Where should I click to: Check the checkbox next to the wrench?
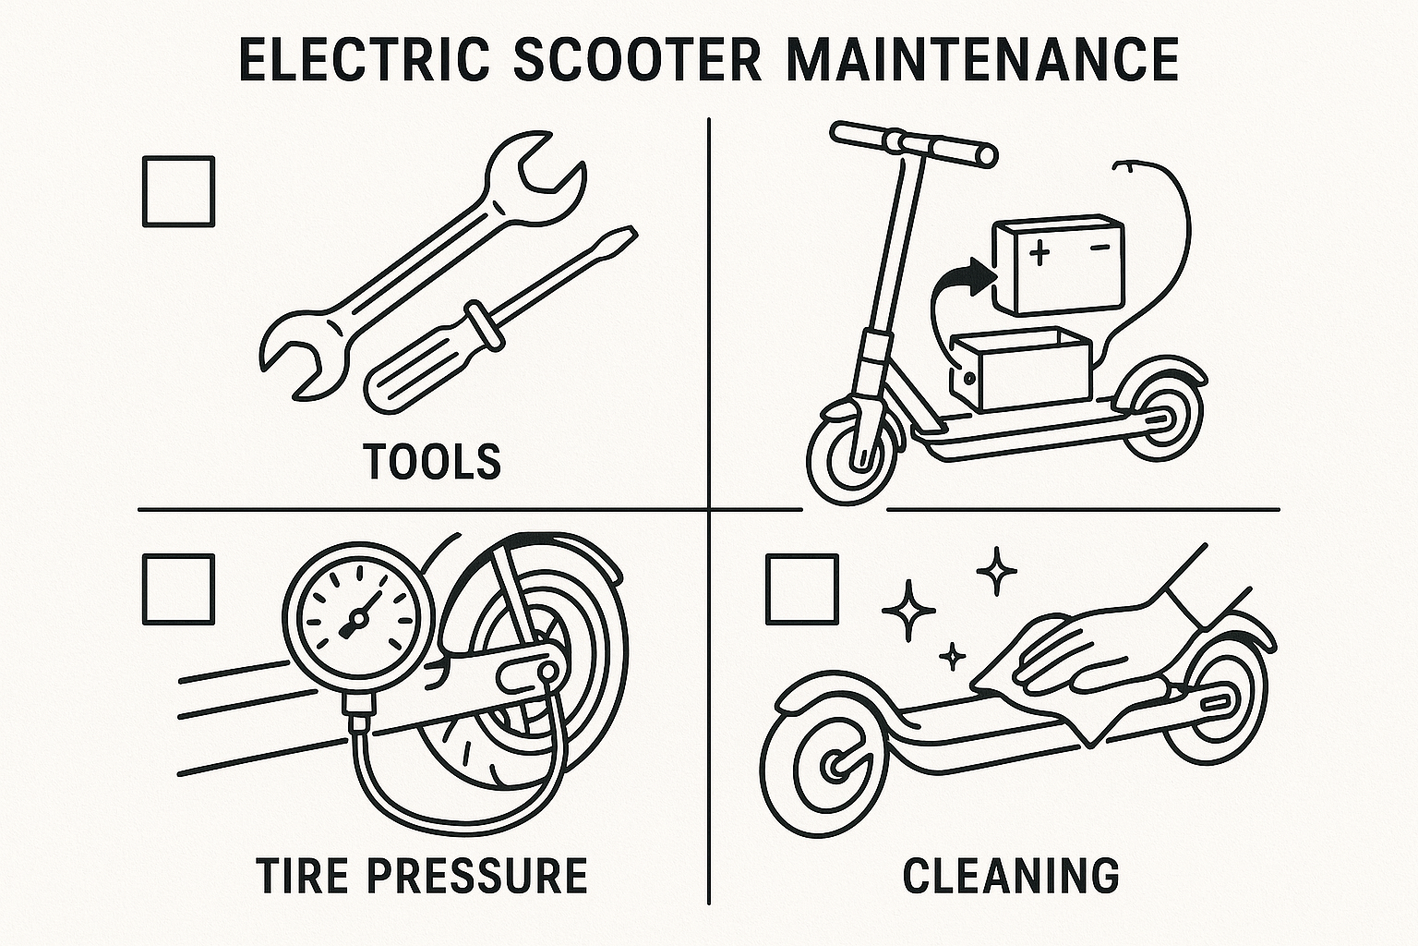tap(178, 191)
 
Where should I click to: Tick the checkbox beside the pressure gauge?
tap(178, 589)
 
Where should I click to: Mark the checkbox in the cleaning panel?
tap(802, 589)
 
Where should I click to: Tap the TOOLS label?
tap(432, 460)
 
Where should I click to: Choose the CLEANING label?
tap(1011, 874)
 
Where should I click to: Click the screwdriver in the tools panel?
tap(499, 319)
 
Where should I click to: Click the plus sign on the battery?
tap(1039, 252)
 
